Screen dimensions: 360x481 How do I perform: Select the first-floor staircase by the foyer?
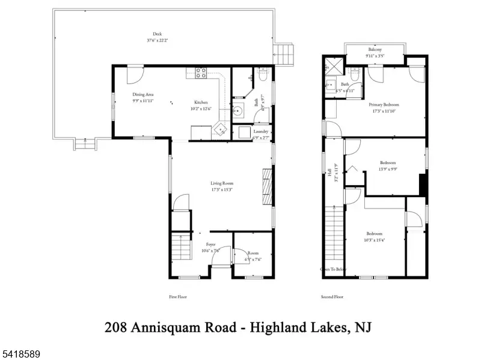pyautogui.click(x=180, y=247)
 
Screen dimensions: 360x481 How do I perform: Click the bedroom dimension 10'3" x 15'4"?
pyautogui.click(x=375, y=240)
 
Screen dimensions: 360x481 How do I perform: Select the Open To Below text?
pyautogui.click(x=333, y=269)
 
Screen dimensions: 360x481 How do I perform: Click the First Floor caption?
pyautogui.click(x=178, y=297)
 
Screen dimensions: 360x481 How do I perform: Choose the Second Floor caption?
pyautogui.click(x=332, y=297)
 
